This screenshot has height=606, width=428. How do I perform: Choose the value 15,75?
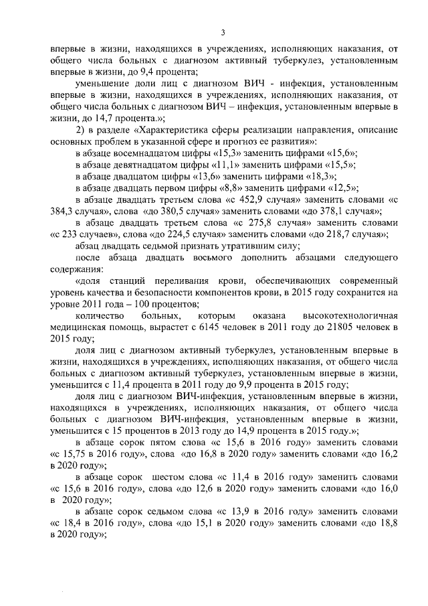(70, 455)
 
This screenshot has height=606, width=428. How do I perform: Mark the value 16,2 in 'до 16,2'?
(389, 455)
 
